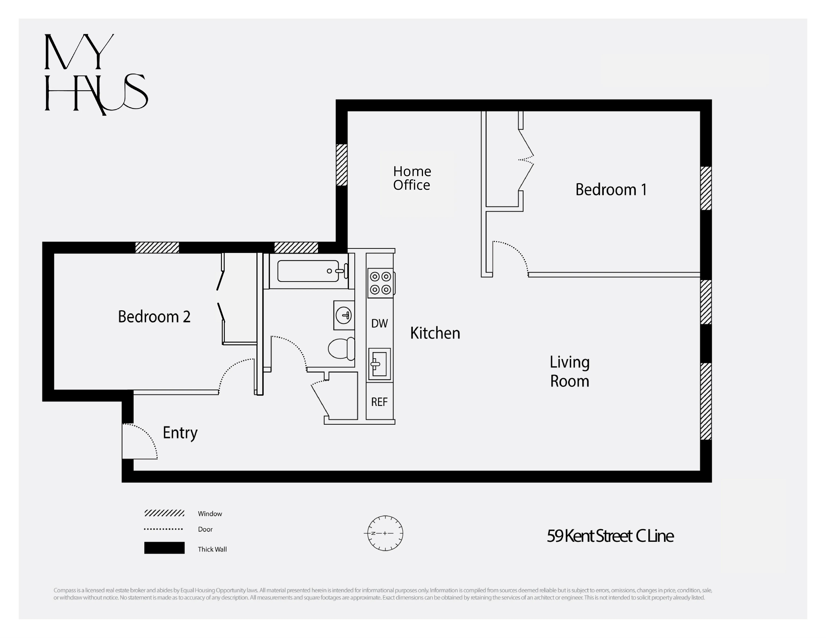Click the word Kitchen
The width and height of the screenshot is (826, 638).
pos(435,333)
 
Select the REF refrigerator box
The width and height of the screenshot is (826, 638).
pos(379,401)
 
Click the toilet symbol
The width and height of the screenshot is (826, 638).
pos(341,348)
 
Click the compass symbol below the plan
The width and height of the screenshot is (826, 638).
pos(385,533)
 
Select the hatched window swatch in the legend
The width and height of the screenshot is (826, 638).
pos(164,513)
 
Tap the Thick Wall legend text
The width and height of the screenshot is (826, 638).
pos(212,549)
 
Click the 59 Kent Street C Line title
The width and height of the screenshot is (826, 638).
pos(610,536)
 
